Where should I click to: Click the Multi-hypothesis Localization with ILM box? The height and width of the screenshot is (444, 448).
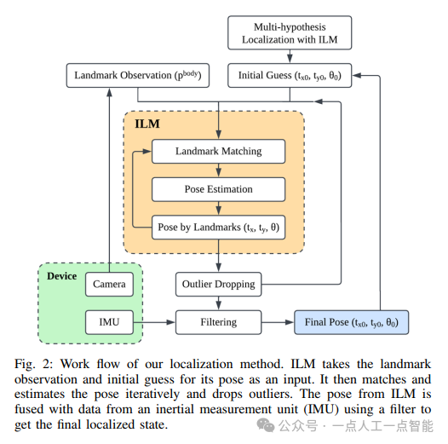pyautogui.click(x=290, y=33)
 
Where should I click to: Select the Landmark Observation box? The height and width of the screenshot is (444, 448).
pyautogui.click(x=138, y=76)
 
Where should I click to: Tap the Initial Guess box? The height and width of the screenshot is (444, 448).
pyautogui.click(x=290, y=76)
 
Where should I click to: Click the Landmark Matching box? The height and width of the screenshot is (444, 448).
pyautogui.click(x=218, y=151)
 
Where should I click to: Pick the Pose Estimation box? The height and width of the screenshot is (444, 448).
pyautogui.click(x=218, y=189)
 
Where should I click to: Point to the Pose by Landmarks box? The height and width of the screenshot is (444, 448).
pyautogui.click(x=218, y=228)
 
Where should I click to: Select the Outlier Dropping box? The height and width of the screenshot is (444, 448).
pyautogui.click(x=218, y=284)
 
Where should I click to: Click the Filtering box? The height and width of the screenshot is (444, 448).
pyautogui.click(x=218, y=322)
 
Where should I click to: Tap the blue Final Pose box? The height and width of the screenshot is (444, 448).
pyautogui.click(x=352, y=322)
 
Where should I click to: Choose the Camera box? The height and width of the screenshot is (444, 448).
pyautogui.click(x=109, y=284)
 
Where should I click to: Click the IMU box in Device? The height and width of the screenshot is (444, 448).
pyautogui.click(x=109, y=322)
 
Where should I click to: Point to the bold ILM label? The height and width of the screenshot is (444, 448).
pyautogui.click(x=147, y=124)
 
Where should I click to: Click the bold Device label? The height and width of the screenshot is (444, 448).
pyautogui.click(x=61, y=276)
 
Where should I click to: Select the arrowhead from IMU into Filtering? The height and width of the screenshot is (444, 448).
pyautogui.click(x=171, y=322)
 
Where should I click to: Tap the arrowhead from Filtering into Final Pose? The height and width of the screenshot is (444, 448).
pyautogui.click(x=290, y=322)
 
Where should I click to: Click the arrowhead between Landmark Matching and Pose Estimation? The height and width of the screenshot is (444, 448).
pyautogui.click(x=219, y=173)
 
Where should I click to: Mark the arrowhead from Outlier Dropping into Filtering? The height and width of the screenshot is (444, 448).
pyautogui.click(x=219, y=306)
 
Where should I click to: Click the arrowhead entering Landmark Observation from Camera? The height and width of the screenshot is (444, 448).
pyautogui.click(x=109, y=92)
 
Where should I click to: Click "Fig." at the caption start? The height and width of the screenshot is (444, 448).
pyautogui.click(x=25, y=365)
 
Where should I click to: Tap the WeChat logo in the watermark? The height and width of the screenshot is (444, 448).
pyautogui.click(x=266, y=425)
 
